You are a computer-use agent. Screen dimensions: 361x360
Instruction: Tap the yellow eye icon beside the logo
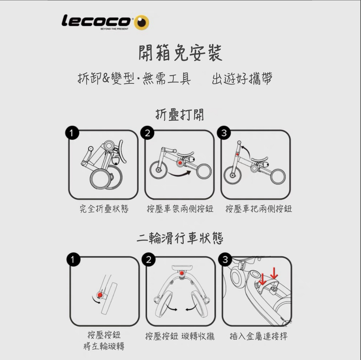[x=141, y=22]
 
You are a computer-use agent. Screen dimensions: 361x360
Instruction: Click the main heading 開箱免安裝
[x=180, y=53]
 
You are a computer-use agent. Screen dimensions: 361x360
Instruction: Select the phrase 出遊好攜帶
[x=242, y=78]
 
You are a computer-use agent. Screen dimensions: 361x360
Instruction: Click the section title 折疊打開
[x=180, y=114]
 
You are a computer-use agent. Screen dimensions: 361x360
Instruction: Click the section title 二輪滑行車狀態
[x=180, y=238]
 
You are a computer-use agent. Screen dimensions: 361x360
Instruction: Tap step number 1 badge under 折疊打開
[x=72, y=133]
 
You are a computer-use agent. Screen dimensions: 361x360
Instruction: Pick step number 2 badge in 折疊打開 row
[x=147, y=133]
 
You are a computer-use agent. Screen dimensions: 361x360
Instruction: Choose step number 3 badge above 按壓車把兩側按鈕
[x=224, y=133]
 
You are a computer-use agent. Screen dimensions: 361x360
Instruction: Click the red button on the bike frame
[x=180, y=163]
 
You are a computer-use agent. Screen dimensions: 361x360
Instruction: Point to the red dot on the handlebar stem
[x=237, y=154]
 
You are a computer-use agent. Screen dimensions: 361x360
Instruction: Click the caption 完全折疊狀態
[x=104, y=209]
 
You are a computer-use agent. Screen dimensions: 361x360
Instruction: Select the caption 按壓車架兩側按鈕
[x=180, y=209]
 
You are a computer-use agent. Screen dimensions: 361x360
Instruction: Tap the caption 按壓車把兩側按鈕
[x=259, y=209]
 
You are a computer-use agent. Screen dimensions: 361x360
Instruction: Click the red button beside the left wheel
[x=100, y=295]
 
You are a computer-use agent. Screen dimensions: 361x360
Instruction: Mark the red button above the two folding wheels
[x=182, y=273]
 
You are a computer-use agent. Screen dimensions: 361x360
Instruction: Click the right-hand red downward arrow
[x=274, y=273]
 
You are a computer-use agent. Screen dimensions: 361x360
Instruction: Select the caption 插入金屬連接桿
[x=259, y=336]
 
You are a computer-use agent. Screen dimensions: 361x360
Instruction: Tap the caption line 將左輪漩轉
[x=104, y=346]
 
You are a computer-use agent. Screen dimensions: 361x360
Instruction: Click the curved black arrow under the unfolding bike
[x=179, y=174]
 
